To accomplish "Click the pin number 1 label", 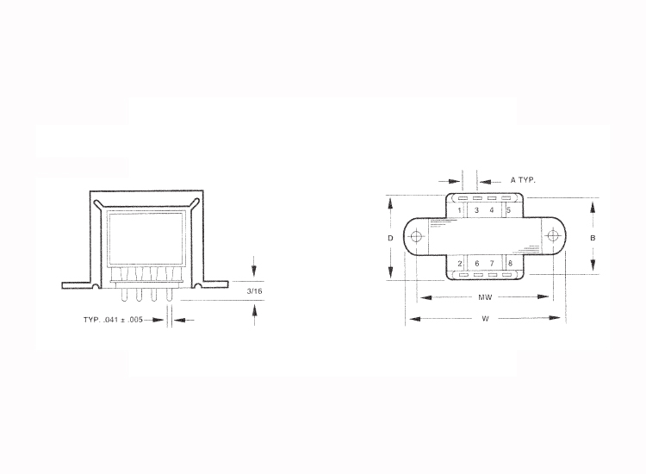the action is coord(459,210).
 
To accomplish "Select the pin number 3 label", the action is coord(476,210).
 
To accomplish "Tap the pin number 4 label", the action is coord(492,210).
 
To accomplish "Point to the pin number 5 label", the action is coord(509,210).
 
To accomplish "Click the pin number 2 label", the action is coord(460,264).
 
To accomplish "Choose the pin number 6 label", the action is coord(477,264).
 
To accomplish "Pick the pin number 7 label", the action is coord(492,264).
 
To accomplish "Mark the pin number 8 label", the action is coord(510,264).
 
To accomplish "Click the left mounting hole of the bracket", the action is coord(416,237).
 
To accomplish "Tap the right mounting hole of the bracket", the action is coord(552,236).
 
